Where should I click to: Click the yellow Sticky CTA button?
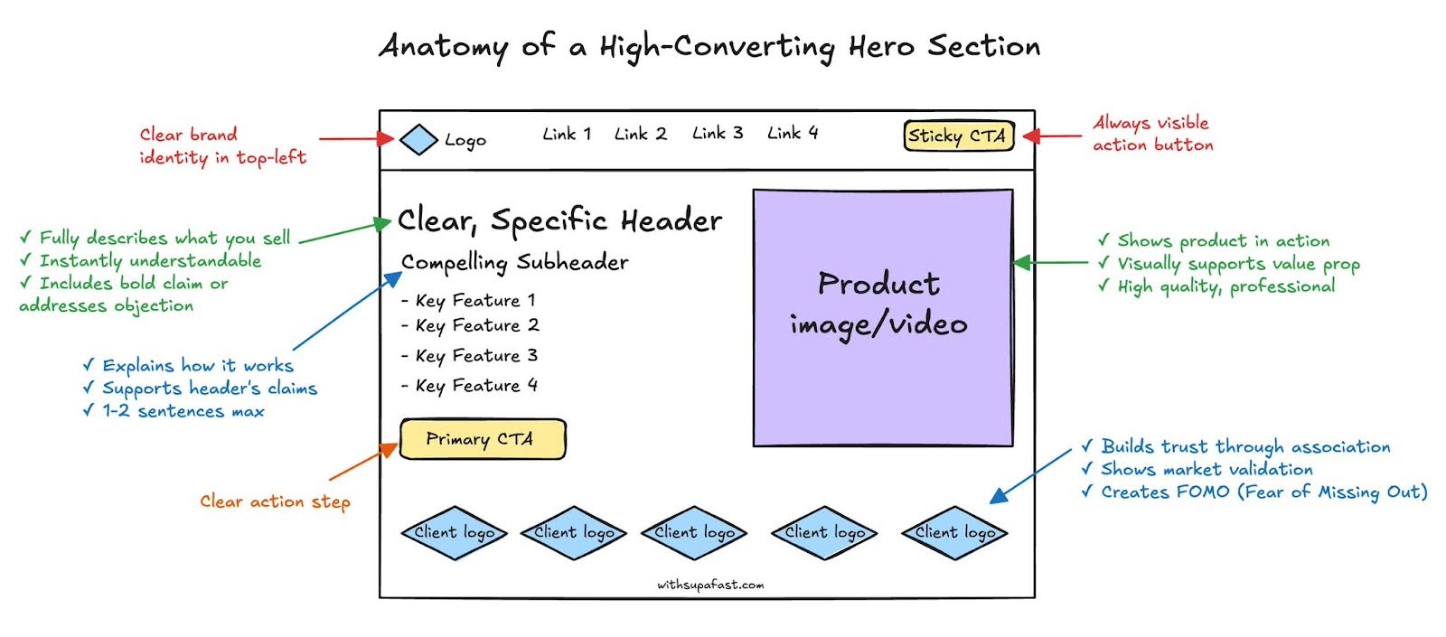958,136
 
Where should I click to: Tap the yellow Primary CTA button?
482,439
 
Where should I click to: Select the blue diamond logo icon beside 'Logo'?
418,139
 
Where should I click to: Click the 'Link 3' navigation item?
718,134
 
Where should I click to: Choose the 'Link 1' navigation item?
567,135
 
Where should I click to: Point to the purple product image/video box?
882,317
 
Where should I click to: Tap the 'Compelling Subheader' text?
514,263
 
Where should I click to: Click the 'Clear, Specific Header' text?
559,220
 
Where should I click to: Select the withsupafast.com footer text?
709,585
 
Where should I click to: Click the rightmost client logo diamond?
954,533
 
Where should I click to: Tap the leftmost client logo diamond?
454,533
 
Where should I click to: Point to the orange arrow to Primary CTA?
363,462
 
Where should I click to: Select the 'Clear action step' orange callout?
275,501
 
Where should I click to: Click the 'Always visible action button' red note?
1152,134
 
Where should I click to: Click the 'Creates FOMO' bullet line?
1254,492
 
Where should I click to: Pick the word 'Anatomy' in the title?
443,46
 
